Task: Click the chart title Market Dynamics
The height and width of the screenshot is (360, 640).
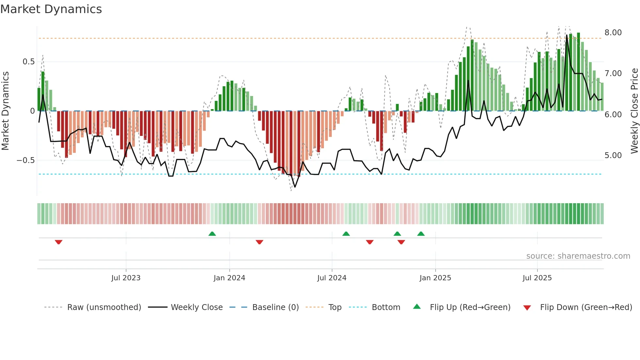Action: tap(51, 9)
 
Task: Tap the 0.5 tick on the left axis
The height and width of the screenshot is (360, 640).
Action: tap(28, 62)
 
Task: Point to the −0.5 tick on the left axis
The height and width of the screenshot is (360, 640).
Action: tap(26, 160)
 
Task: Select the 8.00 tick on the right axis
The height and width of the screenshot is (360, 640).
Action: tap(613, 33)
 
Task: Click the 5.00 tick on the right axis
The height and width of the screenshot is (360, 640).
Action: tap(613, 155)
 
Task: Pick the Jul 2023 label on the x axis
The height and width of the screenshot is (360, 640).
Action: tap(126, 278)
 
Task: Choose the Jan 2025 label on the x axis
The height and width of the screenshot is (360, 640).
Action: tap(435, 278)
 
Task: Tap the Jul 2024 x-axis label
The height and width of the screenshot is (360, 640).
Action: tap(331, 278)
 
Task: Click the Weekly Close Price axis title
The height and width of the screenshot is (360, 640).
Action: tap(634, 111)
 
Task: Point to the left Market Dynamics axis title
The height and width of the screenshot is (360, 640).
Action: tap(5, 111)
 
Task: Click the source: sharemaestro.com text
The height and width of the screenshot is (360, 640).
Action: tap(578, 256)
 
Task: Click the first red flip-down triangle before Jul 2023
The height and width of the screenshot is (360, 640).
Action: tap(58, 242)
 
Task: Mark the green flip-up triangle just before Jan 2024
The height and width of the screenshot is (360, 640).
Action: tap(212, 234)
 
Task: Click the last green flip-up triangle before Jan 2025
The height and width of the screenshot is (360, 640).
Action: tap(421, 234)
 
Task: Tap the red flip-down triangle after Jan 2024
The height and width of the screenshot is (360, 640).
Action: tap(259, 242)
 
